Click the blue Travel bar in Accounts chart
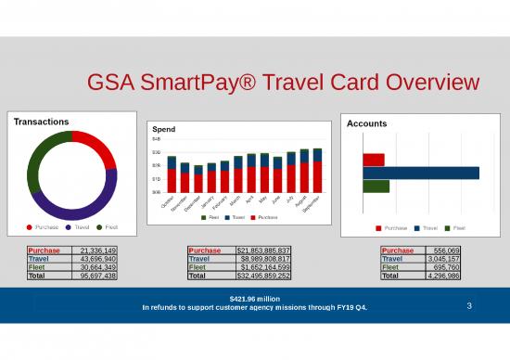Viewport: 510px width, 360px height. coord(421,173)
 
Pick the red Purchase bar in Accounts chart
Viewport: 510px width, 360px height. coord(374,160)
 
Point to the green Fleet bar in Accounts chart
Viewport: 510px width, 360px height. coord(376,186)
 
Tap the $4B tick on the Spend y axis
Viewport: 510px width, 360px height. coord(157,138)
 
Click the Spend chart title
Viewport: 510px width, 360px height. coord(163,128)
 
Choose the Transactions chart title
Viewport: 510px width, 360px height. coord(41,122)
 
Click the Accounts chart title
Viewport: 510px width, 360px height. coord(366,123)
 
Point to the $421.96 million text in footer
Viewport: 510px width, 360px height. coord(254,298)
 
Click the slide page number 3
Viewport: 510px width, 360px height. coord(470,305)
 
